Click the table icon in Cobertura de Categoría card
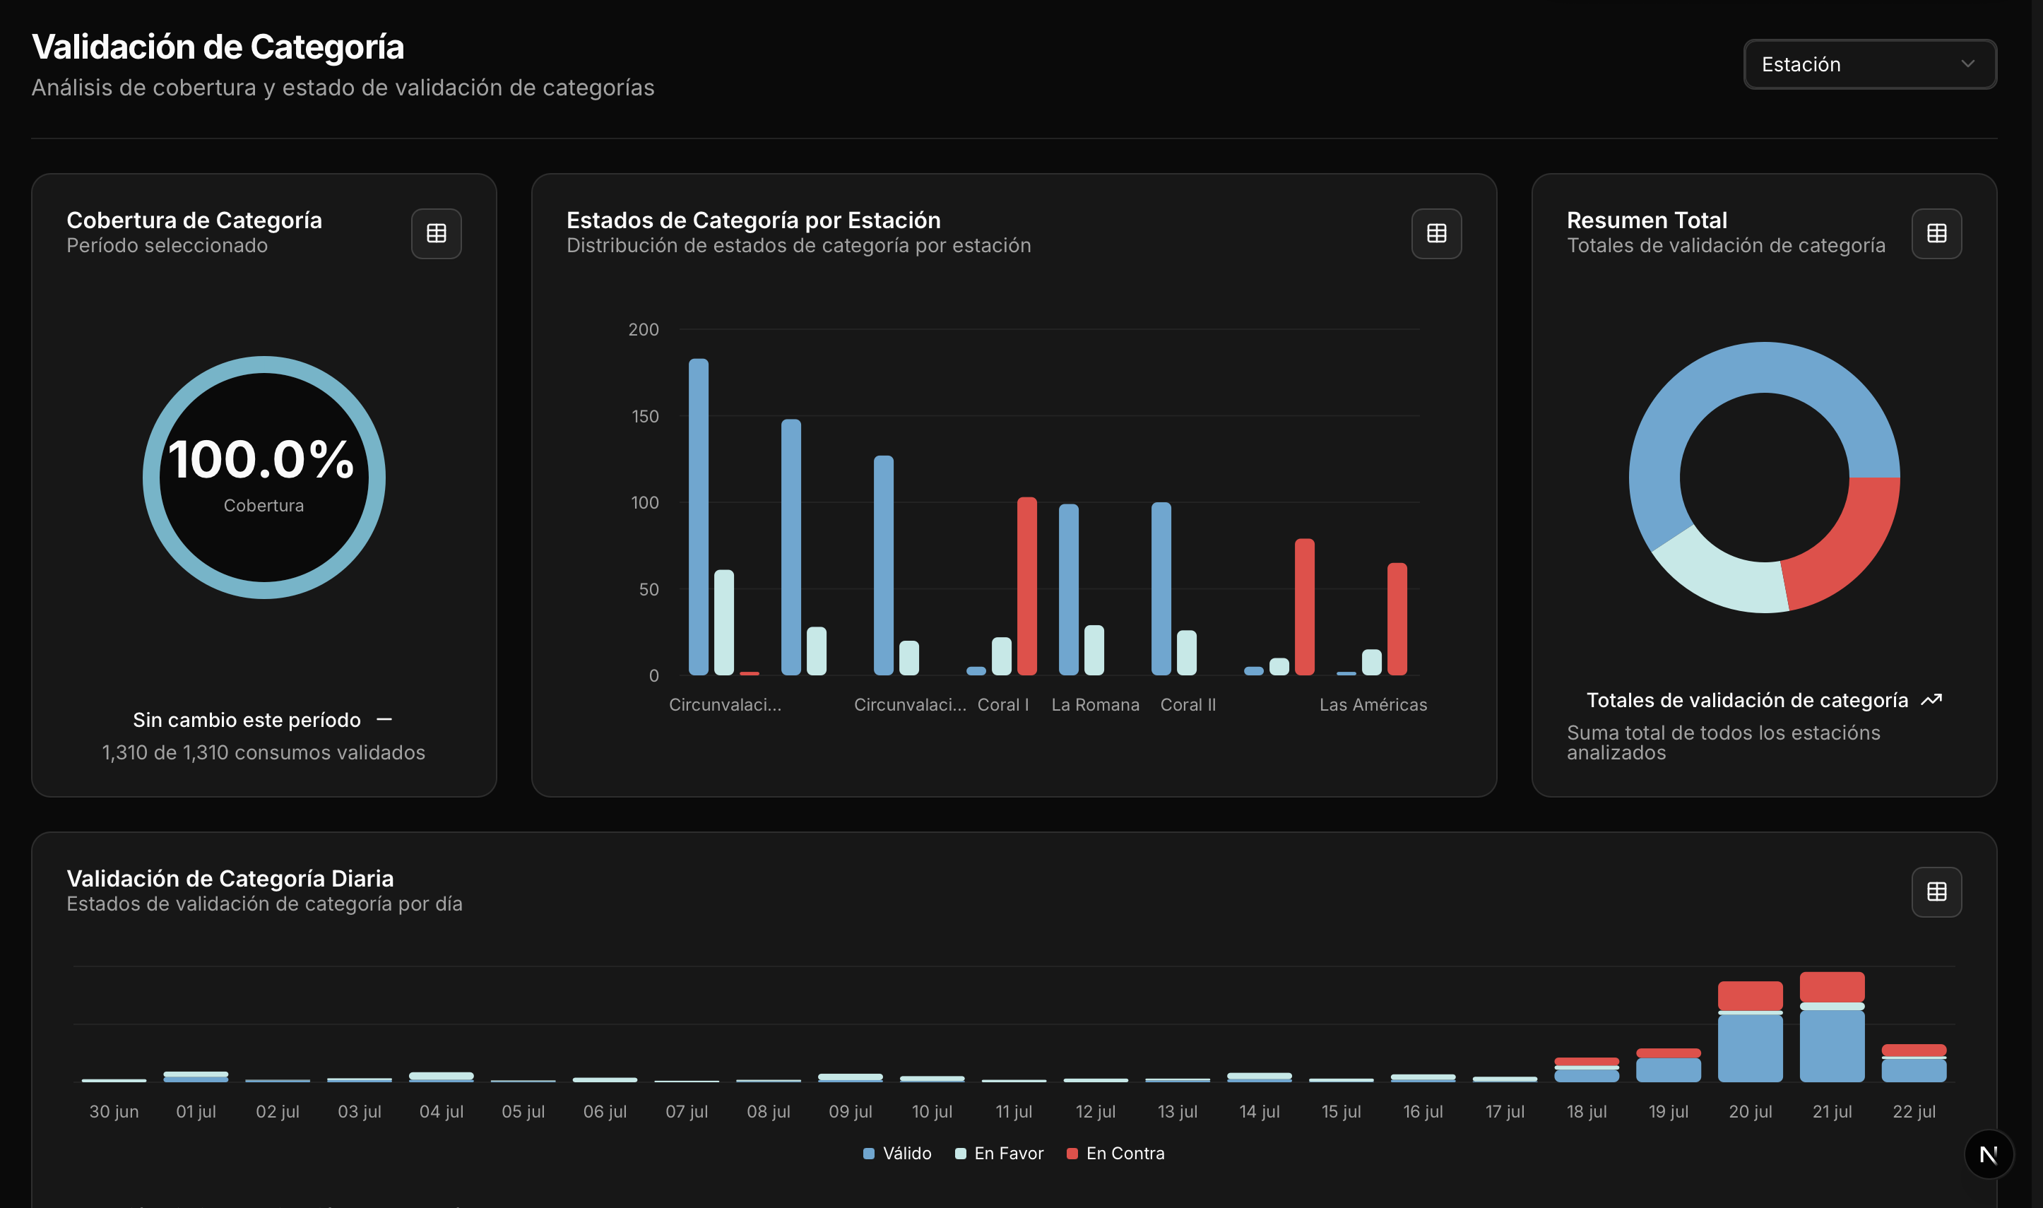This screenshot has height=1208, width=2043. (437, 234)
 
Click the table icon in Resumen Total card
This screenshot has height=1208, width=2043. (1936, 234)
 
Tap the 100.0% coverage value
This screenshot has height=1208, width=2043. (261, 459)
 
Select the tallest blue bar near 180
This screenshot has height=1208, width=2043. (699, 516)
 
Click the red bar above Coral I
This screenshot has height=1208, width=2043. (1026, 586)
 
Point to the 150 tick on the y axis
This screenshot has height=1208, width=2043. (645, 417)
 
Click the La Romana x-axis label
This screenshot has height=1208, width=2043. (1095, 705)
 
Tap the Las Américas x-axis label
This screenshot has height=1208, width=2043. (1373, 705)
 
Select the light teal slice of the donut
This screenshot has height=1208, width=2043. (1717, 574)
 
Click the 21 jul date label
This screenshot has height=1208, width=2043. (1831, 1111)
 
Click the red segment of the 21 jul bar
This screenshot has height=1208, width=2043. (1831, 987)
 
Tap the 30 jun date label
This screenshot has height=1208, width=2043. (114, 1111)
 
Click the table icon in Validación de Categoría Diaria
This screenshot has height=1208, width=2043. (1936, 892)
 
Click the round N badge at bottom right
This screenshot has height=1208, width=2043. (1988, 1154)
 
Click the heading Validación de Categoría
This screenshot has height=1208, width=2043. (218, 47)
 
